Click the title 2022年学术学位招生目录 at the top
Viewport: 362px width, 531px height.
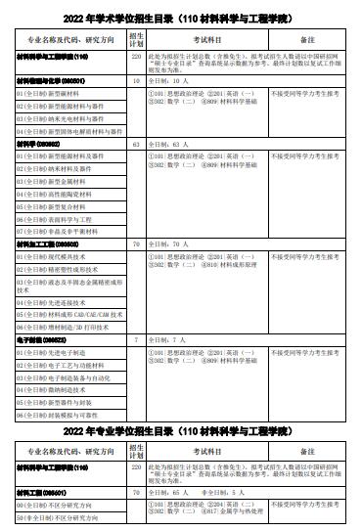click(x=181, y=19)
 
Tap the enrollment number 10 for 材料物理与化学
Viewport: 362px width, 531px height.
click(x=137, y=81)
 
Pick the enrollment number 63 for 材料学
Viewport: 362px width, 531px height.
click(x=137, y=144)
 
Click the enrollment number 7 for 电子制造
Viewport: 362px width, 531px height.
click(x=137, y=338)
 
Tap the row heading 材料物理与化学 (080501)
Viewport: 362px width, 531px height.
click(x=51, y=81)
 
